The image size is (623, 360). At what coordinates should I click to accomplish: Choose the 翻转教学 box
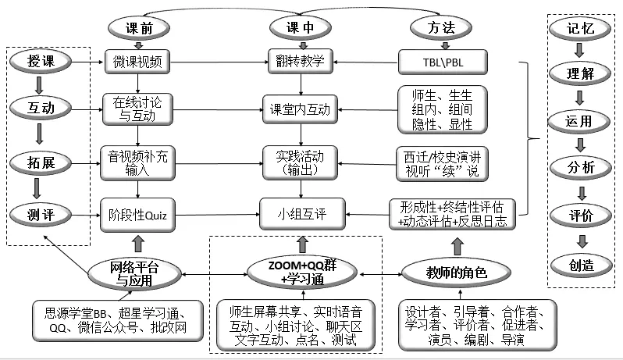tap(300, 60)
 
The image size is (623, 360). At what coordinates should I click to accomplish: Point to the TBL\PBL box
tap(442, 61)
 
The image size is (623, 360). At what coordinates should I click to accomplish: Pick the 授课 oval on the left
tap(41, 61)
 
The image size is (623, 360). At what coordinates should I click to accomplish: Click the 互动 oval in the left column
tap(41, 106)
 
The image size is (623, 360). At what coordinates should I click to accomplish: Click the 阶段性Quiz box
tap(141, 211)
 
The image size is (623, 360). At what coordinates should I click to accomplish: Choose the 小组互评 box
tap(301, 211)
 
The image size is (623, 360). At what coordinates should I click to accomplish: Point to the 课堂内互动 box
tap(301, 109)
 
